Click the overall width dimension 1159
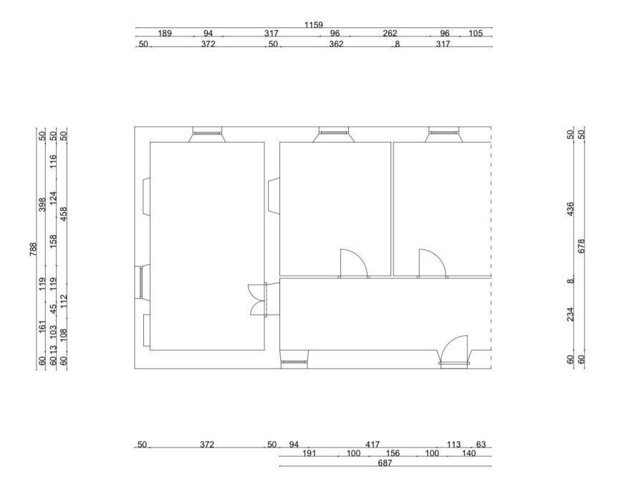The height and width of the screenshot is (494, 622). point(313,25)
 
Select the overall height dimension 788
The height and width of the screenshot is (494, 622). point(33,249)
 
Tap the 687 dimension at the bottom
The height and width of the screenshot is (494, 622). point(385,462)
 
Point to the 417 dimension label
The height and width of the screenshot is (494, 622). point(373,445)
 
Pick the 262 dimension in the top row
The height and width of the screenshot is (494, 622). point(390,34)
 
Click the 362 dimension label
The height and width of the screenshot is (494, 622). point(336,44)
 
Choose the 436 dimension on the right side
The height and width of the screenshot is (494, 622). point(570,209)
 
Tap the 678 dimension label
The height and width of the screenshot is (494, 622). point(581,246)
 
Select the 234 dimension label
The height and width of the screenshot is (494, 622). point(570,314)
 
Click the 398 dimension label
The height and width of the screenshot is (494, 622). point(42,205)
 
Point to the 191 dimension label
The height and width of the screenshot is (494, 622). point(310,453)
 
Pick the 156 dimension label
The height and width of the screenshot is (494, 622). point(392,453)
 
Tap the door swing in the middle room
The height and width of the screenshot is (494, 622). point(354,263)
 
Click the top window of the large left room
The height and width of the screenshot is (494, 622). point(207,134)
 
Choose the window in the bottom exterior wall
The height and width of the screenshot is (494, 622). point(294,359)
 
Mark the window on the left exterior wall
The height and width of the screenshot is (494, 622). point(142,282)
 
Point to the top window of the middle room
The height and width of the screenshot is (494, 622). point(334,134)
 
